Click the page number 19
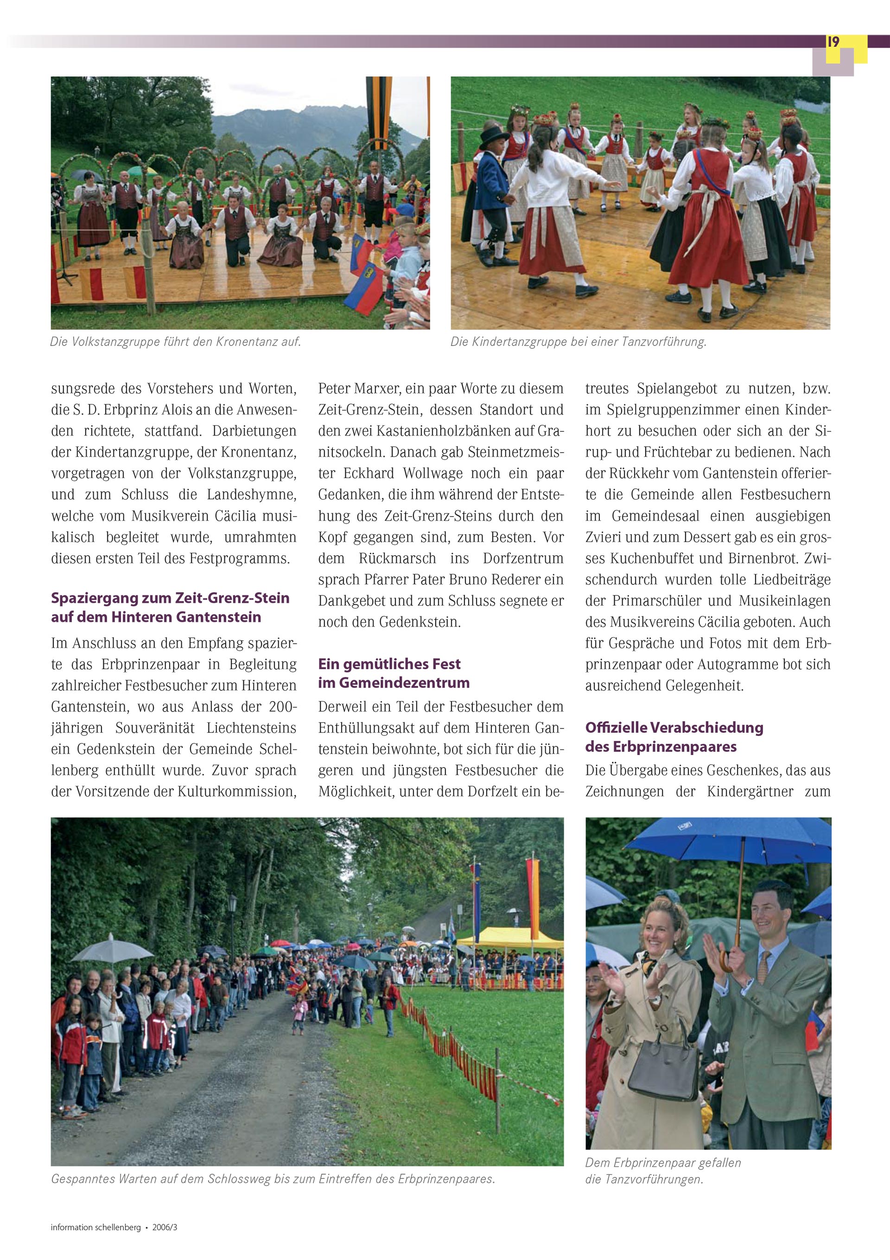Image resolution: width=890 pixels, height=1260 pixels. coord(833,42)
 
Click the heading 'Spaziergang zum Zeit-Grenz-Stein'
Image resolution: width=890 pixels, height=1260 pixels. coord(170,598)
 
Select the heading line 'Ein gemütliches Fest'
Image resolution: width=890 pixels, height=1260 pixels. coord(389,664)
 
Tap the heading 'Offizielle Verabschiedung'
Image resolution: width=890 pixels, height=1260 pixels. coord(674,727)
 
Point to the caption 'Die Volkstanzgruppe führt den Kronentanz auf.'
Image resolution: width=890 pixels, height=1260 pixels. coord(175,341)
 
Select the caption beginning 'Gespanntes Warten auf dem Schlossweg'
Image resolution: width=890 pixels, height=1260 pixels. coord(273,1178)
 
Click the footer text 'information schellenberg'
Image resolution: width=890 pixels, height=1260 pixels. coord(95,1227)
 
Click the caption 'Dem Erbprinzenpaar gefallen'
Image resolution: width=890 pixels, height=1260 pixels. coord(663,1162)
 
